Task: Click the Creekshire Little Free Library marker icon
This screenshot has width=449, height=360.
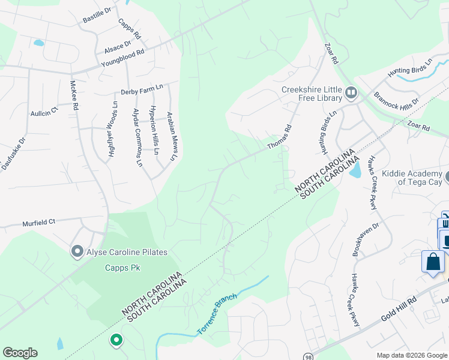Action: [351, 94]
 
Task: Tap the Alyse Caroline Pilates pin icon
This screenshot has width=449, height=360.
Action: [77, 251]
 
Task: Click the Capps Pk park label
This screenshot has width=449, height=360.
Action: [122, 268]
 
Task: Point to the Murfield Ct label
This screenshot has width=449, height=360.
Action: [39, 221]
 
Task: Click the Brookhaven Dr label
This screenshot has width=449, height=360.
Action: [367, 238]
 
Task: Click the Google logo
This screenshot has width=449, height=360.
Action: [20, 352]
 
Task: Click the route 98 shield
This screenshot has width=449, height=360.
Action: [307, 356]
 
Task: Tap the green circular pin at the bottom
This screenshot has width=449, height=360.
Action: [116, 341]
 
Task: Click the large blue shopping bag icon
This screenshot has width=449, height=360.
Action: [433, 262]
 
